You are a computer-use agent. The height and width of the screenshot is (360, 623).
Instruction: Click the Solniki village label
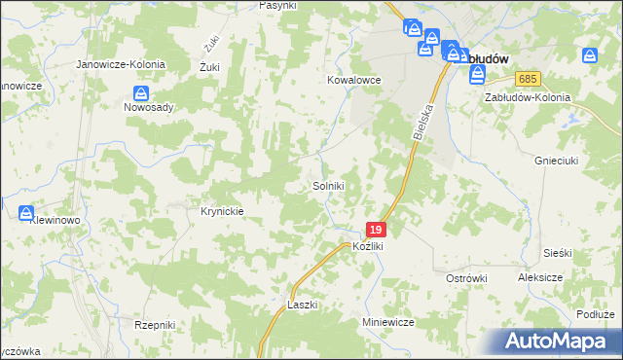coord(328,185)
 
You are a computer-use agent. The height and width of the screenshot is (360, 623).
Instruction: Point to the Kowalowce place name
coord(353,81)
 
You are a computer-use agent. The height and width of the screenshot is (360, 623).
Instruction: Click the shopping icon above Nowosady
coord(141,94)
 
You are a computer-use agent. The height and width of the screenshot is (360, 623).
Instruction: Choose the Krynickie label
coord(221,211)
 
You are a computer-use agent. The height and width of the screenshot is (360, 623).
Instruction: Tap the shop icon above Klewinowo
coord(26,213)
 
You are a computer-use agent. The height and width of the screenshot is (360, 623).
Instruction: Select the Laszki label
coord(303,305)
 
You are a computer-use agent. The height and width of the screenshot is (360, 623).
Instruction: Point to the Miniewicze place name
coord(388,322)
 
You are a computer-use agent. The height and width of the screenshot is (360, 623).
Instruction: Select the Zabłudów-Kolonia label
coord(526,97)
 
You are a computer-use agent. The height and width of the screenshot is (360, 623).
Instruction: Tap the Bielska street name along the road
coord(421,122)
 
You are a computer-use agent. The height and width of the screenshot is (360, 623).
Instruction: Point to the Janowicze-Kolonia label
coord(122,64)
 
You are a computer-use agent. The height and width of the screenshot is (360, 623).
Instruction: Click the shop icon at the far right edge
coord(588,57)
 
